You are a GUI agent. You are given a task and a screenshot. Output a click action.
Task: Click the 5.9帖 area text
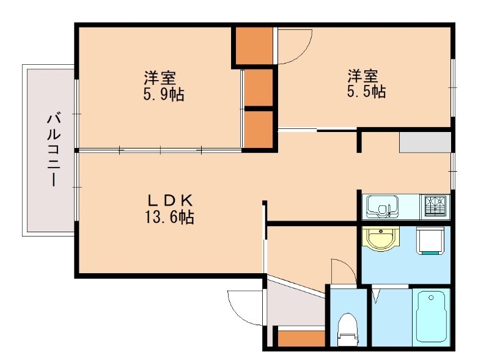[161, 95]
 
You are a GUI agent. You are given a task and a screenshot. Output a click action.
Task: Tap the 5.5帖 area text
[365, 92]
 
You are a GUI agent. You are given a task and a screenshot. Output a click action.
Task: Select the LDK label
[171, 200]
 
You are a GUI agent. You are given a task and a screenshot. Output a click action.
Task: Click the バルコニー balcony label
[54, 149]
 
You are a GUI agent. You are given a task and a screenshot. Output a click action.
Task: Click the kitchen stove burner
[435, 207]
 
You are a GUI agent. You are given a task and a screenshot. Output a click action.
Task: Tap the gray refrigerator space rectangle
[425, 141]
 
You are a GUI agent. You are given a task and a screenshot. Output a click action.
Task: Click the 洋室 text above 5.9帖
[160, 78]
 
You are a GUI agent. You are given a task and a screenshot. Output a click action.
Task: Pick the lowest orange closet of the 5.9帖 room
[259, 129]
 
